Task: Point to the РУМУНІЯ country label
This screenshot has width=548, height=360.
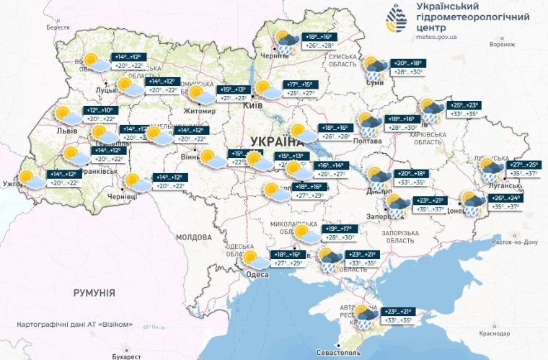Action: (94, 292)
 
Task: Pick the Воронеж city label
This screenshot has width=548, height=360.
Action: (501, 45)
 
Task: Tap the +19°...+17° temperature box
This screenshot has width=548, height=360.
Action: (340, 229)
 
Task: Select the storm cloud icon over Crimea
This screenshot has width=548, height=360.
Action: (365, 314)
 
